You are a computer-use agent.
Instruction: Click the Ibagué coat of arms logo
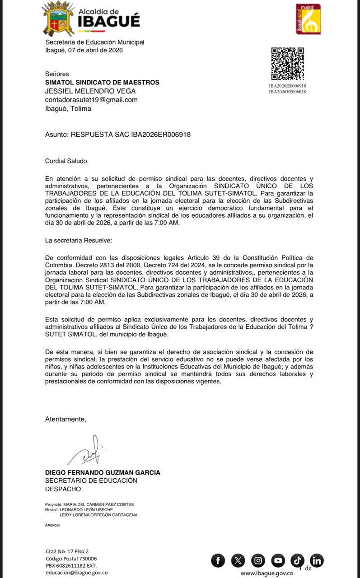click(x=58, y=19)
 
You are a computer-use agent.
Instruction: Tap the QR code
click(x=287, y=64)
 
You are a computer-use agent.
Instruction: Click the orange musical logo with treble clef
click(x=308, y=19)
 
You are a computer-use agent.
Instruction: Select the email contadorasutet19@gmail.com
click(x=91, y=100)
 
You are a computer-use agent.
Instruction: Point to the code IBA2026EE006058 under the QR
click(x=287, y=92)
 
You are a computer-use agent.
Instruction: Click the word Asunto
click(x=56, y=135)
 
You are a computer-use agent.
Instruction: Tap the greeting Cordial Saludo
click(x=67, y=160)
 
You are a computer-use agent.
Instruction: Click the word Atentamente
click(x=65, y=419)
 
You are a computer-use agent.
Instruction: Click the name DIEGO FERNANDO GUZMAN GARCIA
click(x=103, y=472)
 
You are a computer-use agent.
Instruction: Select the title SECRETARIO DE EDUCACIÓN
click(x=91, y=480)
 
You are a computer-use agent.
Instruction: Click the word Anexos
click(x=52, y=525)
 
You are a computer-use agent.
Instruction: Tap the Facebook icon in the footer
click(x=218, y=561)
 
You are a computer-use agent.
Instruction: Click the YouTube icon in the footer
click(x=278, y=561)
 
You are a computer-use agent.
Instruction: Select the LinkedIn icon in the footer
click(x=317, y=561)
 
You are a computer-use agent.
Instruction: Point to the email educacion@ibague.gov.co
click(x=77, y=573)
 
